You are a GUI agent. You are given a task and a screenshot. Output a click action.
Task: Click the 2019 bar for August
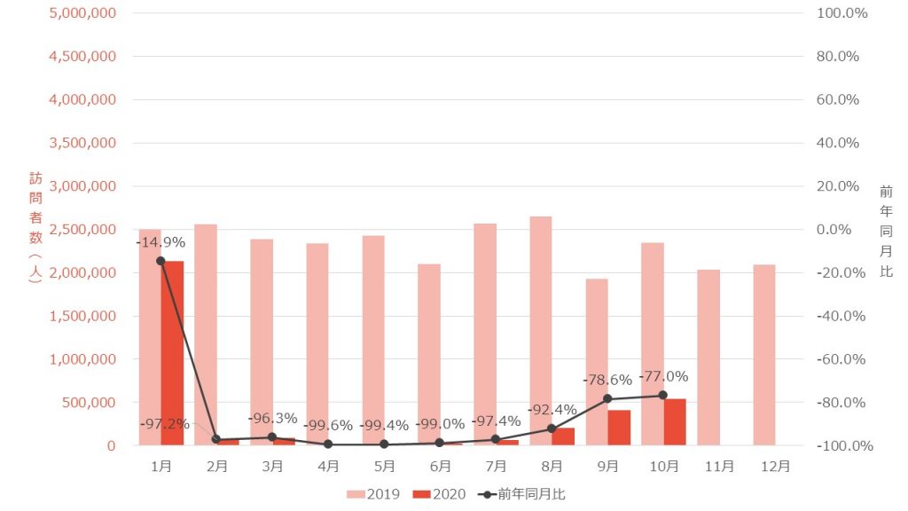coord(541,330)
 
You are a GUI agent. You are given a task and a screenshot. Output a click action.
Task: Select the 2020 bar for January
coord(172,353)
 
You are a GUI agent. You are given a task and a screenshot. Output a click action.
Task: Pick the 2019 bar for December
coord(764,355)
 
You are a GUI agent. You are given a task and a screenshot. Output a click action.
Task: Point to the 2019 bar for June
coord(429,354)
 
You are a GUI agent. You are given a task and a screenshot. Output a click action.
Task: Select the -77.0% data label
coord(662,376)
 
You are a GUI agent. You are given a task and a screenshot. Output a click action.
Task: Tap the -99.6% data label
coord(328,426)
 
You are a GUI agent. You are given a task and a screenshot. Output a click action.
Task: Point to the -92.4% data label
coord(552,410)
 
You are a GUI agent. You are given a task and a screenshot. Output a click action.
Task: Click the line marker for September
coord(607,399)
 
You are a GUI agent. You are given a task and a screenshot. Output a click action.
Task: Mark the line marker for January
coord(160,261)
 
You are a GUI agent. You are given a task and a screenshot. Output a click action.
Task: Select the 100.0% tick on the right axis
coord(838,13)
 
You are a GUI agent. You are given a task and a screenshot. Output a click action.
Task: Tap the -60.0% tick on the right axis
coord(838,359)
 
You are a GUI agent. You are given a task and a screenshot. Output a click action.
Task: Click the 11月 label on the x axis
coord(720,466)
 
